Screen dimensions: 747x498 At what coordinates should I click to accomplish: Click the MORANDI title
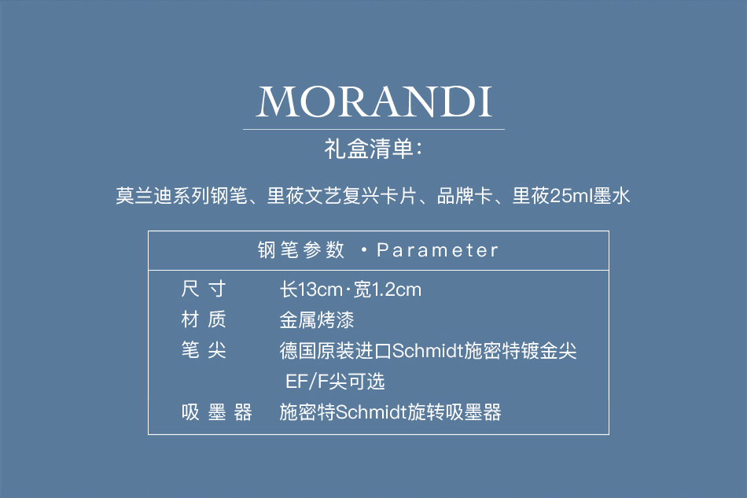pyautogui.click(x=374, y=101)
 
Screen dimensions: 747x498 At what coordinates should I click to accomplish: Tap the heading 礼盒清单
pyautogui.click(x=369, y=149)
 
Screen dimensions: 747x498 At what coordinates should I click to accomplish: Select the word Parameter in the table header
pyautogui.click(x=437, y=250)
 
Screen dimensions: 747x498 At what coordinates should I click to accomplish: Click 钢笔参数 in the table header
pyautogui.click(x=300, y=250)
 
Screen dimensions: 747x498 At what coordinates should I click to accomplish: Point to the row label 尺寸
pyautogui.click(x=204, y=290)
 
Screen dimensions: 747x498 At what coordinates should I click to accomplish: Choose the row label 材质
pyautogui.click(x=204, y=319)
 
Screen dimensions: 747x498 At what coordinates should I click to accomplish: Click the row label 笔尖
pyautogui.click(x=204, y=350)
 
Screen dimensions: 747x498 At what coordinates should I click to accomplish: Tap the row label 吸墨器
pyautogui.click(x=217, y=412)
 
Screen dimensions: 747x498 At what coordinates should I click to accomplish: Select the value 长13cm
pyautogui.click(x=311, y=290)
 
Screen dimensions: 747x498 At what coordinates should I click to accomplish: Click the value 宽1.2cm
pyautogui.click(x=388, y=290)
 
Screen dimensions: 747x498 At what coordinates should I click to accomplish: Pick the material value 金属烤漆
pyautogui.click(x=317, y=320)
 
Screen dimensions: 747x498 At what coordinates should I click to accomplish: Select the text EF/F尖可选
pyautogui.click(x=335, y=382)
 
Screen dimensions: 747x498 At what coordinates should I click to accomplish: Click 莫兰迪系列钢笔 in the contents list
pyautogui.click(x=182, y=196)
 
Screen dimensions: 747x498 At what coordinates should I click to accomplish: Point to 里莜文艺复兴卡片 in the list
pyautogui.click(x=342, y=196)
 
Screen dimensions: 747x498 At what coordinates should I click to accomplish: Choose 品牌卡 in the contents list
pyautogui.click(x=465, y=196)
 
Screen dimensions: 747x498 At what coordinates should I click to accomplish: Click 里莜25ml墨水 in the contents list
pyautogui.click(x=571, y=196)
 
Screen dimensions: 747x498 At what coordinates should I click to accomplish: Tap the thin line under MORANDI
pyautogui.click(x=373, y=129)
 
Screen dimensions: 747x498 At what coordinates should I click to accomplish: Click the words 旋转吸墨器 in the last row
pyautogui.click(x=454, y=412)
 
